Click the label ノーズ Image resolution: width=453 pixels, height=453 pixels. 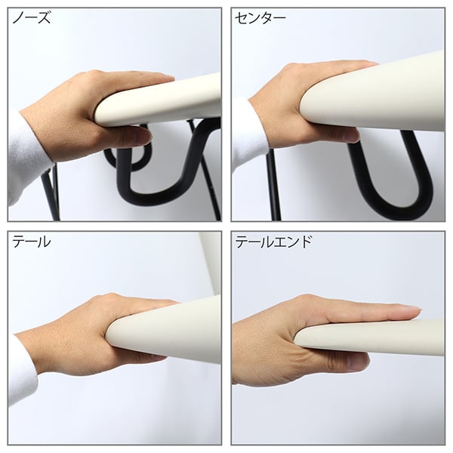pyautogui.click(x=32, y=18)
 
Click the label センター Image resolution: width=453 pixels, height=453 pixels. pyautogui.click(x=260, y=18)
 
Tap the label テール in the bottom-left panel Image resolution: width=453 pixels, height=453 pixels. pyautogui.click(x=32, y=242)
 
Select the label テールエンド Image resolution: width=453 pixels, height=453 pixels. pyautogui.click(x=273, y=242)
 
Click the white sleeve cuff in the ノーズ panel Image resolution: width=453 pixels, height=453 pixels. pyautogui.click(x=27, y=158)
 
